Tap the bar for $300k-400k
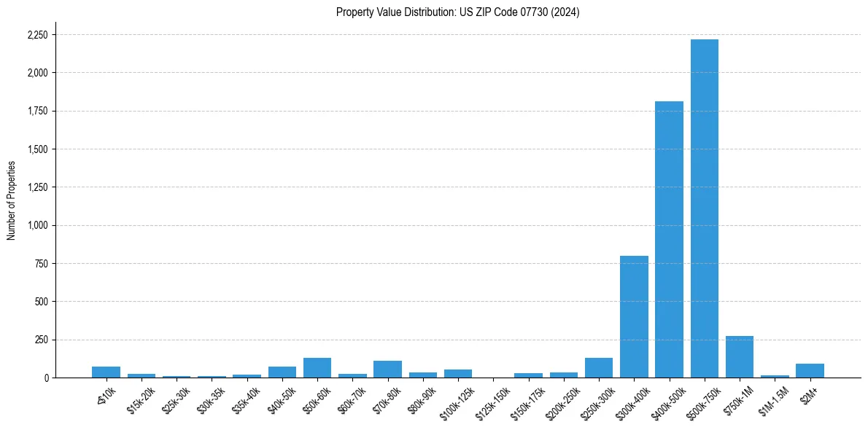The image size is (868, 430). click(634, 316)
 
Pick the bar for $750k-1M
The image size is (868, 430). click(739, 357)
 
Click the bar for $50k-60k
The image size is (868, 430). click(317, 367)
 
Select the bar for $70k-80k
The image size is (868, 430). click(387, 369)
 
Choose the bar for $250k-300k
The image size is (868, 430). click(598, 367)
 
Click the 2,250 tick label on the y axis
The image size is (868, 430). click(38, 35)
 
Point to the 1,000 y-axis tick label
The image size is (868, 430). click(38, 225)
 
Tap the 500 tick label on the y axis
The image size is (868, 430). click(42, 302)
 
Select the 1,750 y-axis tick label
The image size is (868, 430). click(38, 112)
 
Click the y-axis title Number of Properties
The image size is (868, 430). click(11, 200)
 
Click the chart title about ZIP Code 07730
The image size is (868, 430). click(457, 12)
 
